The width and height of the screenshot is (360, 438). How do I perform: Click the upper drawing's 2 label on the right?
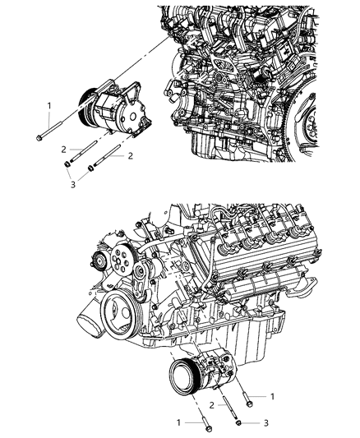130,154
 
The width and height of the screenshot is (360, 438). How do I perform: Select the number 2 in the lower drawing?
211,404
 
